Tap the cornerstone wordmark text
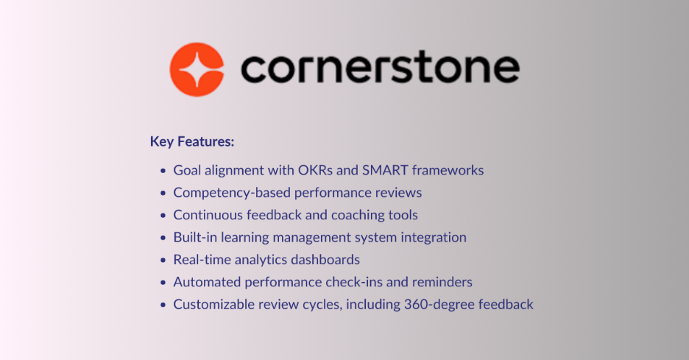click(380, 70)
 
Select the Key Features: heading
click(192, 141)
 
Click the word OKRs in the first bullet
click(318, 171)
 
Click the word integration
click(431, 238)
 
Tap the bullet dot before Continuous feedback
click(163, 216)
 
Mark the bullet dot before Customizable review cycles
click(163, 305)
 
